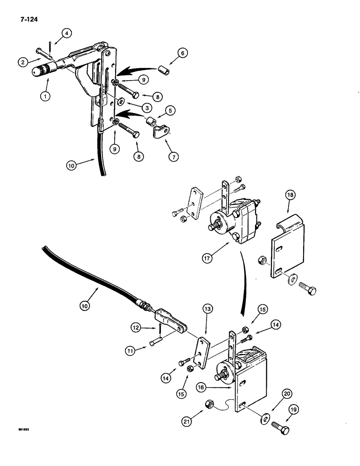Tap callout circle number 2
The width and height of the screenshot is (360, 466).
[22, 61]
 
